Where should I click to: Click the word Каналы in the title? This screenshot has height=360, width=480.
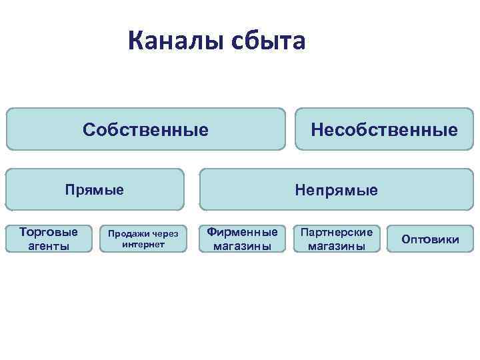point(175,41)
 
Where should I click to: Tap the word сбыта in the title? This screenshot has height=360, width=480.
point(267,41)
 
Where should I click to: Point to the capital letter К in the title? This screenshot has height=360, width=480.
point(137,41)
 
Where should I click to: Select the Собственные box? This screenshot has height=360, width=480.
point(145,129)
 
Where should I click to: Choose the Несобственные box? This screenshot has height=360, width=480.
point(384,129)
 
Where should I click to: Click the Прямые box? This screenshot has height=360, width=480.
point(94,189)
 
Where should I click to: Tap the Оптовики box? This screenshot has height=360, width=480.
point(429,239)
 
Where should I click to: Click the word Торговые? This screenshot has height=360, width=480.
point(49,232)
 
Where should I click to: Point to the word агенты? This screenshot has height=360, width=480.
point(49,245)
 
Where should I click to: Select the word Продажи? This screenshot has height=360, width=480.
point(127,234)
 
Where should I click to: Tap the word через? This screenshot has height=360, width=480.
point(165,234)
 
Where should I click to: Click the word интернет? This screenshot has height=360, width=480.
point(143,244)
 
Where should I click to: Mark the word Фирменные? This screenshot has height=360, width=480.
point(242,232)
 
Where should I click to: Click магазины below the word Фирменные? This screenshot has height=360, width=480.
point(242,245)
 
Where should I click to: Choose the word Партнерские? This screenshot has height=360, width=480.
point(337,232)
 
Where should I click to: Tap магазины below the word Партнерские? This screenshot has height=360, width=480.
point(337,245)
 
